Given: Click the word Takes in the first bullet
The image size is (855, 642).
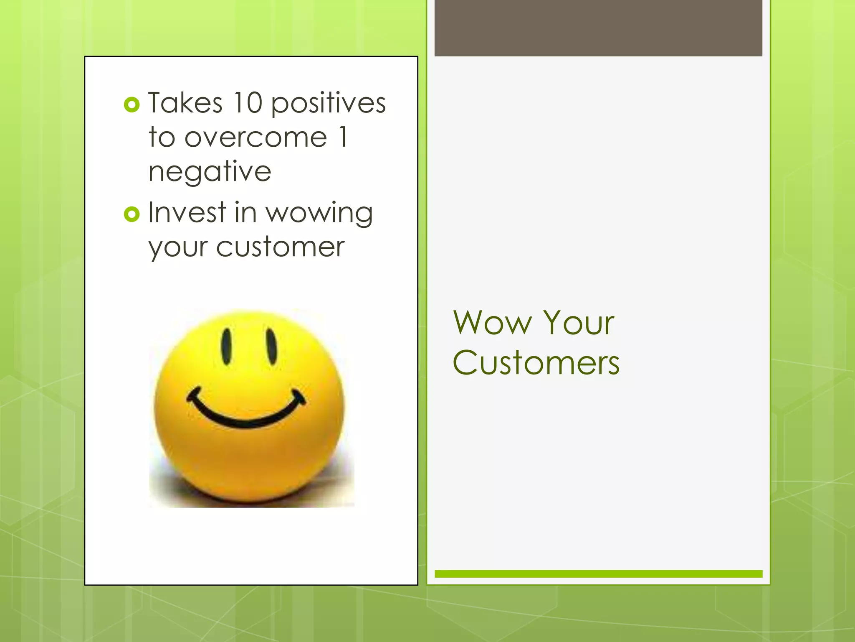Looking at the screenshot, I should coord(185,103).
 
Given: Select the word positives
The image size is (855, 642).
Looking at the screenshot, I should coord(329,104).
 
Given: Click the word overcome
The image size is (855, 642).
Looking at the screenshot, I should coord(255,138).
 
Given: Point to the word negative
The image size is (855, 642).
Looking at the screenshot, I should coord(210,172).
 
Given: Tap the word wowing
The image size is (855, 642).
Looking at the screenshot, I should coord(319,214).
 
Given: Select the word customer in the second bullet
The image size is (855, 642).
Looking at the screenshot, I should coord(281,247).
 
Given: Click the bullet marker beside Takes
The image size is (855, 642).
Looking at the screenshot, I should coord(132,104).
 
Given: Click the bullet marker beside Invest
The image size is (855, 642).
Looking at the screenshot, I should coord(132,214).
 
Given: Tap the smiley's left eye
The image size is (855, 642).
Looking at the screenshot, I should coord(227,346).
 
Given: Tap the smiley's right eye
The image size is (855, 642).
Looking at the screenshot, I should coord(271,346).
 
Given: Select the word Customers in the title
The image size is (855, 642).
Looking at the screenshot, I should coord(536,362).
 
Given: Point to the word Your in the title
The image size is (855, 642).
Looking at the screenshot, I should coord(579,323).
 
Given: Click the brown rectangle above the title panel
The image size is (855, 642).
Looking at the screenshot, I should coord(598,28).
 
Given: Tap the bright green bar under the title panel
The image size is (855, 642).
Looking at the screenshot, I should coord(598,574).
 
